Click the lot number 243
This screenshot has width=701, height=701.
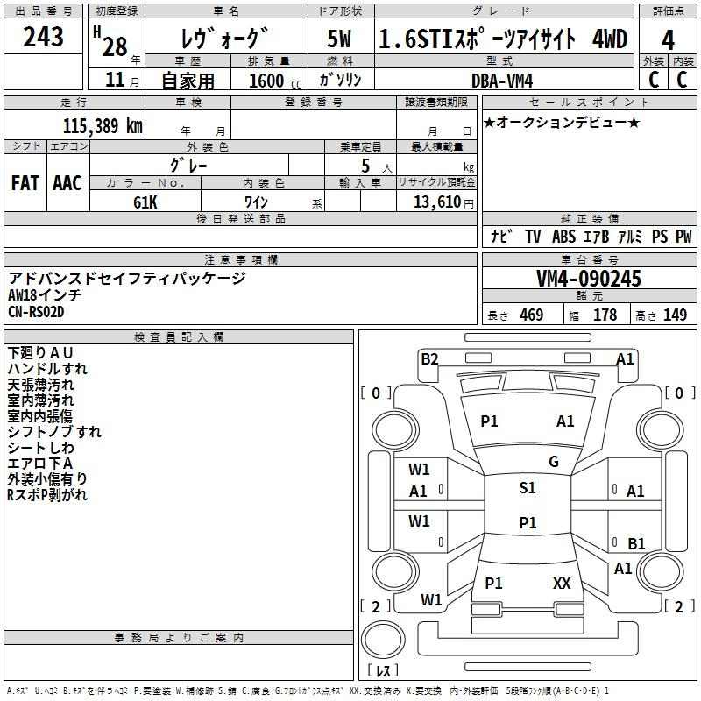click(43, 36)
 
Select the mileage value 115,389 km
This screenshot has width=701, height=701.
click(103, 125)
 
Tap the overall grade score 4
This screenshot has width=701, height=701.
click(668, 40)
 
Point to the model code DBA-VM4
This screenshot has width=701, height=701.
click(502, 81)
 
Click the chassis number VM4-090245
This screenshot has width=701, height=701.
click(589, 279)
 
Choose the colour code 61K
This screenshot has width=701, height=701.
click(145, 202)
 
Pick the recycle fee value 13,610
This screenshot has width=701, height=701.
click(436, 202)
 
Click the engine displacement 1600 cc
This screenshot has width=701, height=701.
click(275, 81)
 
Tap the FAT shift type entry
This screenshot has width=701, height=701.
click(25, 183)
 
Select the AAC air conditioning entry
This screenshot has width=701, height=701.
click(67, 183)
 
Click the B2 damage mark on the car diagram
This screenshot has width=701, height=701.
click(429, 358)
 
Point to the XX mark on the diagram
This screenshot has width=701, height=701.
click(562, 583)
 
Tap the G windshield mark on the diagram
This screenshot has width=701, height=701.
click(554, 461)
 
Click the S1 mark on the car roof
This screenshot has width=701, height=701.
click(528, 487)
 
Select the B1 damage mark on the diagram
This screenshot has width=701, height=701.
click(636, 543)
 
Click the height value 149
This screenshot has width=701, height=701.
click(675, 315)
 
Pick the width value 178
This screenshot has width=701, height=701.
click(605, 315)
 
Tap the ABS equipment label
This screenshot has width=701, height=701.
click(563, 237)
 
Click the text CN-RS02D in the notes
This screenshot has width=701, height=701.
click(36, 312)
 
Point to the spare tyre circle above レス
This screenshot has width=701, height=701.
click(383, 640)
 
